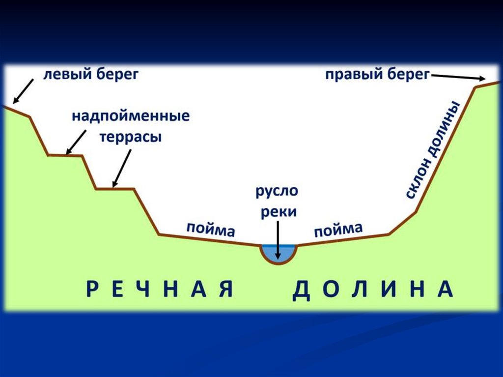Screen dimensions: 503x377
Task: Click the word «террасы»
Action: tap(131, 137)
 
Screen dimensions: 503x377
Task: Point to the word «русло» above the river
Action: tap(277, 191)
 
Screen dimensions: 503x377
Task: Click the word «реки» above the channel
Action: tap(278, 212)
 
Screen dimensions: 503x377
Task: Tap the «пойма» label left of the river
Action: tap(210, 230)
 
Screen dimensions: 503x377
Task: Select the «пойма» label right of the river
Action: tap(338, 229)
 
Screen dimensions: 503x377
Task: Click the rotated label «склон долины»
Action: tap(433, 150)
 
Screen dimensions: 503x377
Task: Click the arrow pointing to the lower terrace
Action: tap(122, 169)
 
